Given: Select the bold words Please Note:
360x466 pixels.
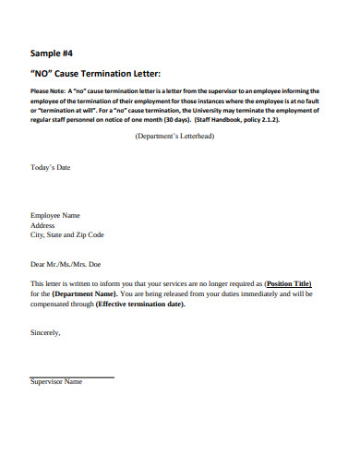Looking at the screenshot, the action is [52, 91].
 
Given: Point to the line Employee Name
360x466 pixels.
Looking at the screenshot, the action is [55, 215].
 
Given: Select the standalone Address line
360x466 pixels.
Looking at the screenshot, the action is [43, 225].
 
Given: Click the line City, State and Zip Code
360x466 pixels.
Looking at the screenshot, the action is [67, 235].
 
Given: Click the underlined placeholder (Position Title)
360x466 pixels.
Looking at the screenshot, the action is [288, 283].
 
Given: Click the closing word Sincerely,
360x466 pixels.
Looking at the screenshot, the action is [46, 332].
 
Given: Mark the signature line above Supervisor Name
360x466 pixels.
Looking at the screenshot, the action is [72, 377].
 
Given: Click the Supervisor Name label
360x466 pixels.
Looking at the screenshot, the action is [56, 381].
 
